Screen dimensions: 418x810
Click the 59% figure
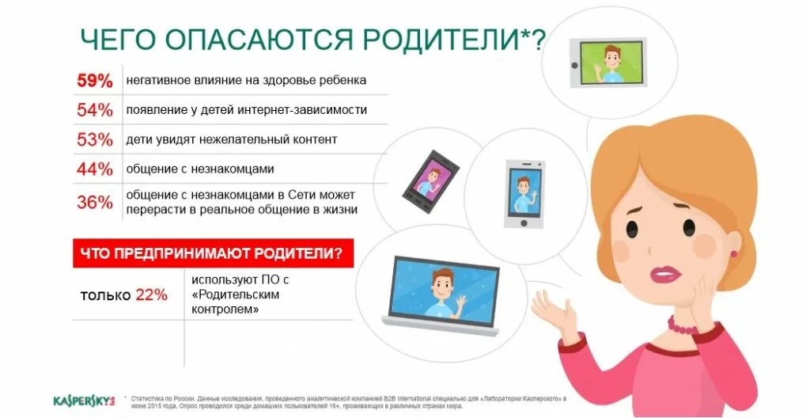[95, 80]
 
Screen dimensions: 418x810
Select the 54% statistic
[95, 110]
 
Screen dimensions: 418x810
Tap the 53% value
[95, 139]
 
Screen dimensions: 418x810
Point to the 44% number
[95, 169]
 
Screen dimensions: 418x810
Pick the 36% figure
[95, 202]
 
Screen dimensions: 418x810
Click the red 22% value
[151, 295]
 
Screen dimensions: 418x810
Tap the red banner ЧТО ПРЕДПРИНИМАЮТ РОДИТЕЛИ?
[212, 253]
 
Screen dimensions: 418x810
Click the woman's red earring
[733, 253]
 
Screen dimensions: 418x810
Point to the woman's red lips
[664, 274]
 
